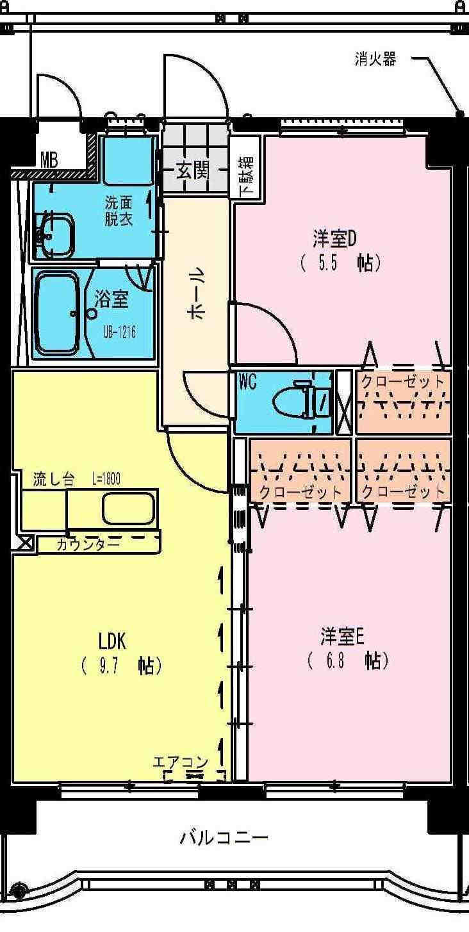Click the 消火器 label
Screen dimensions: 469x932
pos(375,59)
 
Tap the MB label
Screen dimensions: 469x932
pos(49,159)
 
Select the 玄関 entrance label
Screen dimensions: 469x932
pos(192,170)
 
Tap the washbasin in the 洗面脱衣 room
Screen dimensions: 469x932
pos(56,234)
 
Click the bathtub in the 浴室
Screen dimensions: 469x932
pos(58,315)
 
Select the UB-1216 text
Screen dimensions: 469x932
pos(120,332)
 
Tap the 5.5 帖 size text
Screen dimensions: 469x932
pos(340,263)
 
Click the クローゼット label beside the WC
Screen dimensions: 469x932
pos(403,382)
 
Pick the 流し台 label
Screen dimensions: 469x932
pos(54,480)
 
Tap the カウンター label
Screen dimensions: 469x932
pos(88,544)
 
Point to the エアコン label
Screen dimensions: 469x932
pos(180,762)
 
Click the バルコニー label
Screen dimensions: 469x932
pos(224,837)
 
